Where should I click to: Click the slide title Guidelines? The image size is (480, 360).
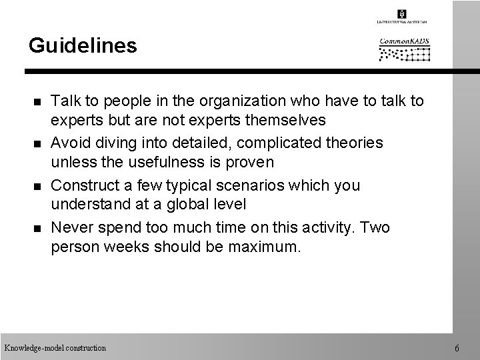click(83, 45)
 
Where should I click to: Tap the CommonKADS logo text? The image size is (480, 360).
click(404, 41)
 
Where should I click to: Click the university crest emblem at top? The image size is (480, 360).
click(401, 14)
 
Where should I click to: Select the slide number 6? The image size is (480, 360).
click(455, 348)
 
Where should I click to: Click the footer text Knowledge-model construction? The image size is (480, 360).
click(55, 348)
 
